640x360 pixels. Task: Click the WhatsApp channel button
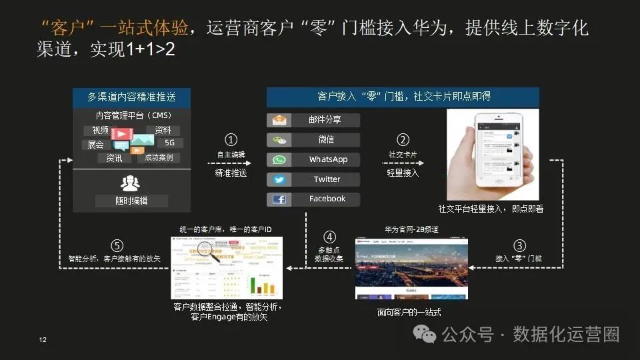[x=313, y=160]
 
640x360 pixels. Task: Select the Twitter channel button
[x=313, y=179]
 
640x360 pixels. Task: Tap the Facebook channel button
[x=313, y=199]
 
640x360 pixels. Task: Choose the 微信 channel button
[x=313, y=140]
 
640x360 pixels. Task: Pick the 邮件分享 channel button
[x=313, y=121]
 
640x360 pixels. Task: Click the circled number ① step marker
[x=231, y=140]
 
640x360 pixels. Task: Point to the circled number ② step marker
[x=403, y=140]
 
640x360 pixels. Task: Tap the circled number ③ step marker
[x=519, y=245]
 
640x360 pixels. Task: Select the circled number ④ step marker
[x=329, y=237]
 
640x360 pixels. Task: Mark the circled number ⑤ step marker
[x=116, y=245]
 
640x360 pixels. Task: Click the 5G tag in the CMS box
[x=169, y=143]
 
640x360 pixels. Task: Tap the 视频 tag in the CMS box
[x=100, y=131]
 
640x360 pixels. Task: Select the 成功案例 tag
[x=159, y=158]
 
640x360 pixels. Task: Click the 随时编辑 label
[x=131, y=201]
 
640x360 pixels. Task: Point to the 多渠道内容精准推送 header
[x=131, y=97]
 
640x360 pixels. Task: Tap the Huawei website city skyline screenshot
[x=411, y=269]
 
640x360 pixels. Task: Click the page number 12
[x=43, y=341]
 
